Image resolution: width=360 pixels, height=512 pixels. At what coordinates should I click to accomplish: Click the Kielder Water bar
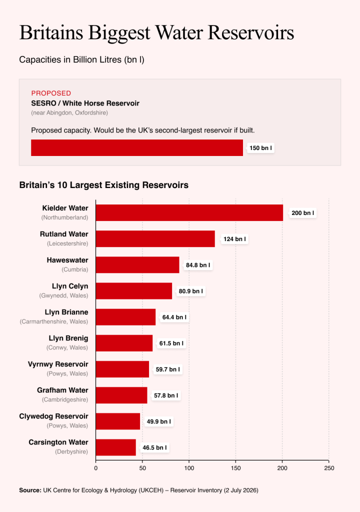pos(189,213)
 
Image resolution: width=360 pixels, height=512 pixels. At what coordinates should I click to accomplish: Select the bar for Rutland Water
pos(155,238)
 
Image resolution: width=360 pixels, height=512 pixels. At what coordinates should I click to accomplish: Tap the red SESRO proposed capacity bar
pos(137,148)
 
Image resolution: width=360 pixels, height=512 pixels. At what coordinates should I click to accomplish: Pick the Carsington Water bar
pos(116,447)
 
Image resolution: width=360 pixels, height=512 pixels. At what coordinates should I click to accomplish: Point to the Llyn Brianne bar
pos(126,317)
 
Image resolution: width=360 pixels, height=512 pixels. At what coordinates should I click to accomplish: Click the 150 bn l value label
pos(260,148)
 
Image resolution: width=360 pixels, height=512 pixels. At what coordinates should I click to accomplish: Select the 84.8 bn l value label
pos(198,265)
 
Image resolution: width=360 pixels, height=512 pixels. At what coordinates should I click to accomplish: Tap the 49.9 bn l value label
pos(159,421)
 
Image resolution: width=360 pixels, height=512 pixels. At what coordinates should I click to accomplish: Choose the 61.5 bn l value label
pos(171,343)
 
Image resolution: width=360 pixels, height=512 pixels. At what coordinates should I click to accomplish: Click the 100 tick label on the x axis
pos(189,468)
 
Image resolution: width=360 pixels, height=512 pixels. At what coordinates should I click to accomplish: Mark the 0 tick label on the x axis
pos(95,468)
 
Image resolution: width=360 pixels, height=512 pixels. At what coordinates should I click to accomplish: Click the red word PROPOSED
pos(51,93)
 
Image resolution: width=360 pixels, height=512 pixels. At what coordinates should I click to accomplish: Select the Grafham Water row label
pos(62,390)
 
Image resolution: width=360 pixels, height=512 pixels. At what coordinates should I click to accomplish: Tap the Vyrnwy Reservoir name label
pos(58,364)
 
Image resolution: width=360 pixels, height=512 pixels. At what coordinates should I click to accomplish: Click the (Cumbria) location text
pos(75,269)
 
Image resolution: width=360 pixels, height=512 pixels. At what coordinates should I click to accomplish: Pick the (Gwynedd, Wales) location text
pos(63,295)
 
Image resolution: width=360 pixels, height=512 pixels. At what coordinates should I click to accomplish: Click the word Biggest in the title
pos(119,32)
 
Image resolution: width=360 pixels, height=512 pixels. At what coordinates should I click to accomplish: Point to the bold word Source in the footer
pos(30,490)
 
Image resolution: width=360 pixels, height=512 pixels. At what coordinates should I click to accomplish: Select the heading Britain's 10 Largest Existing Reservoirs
pos(104,185)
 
